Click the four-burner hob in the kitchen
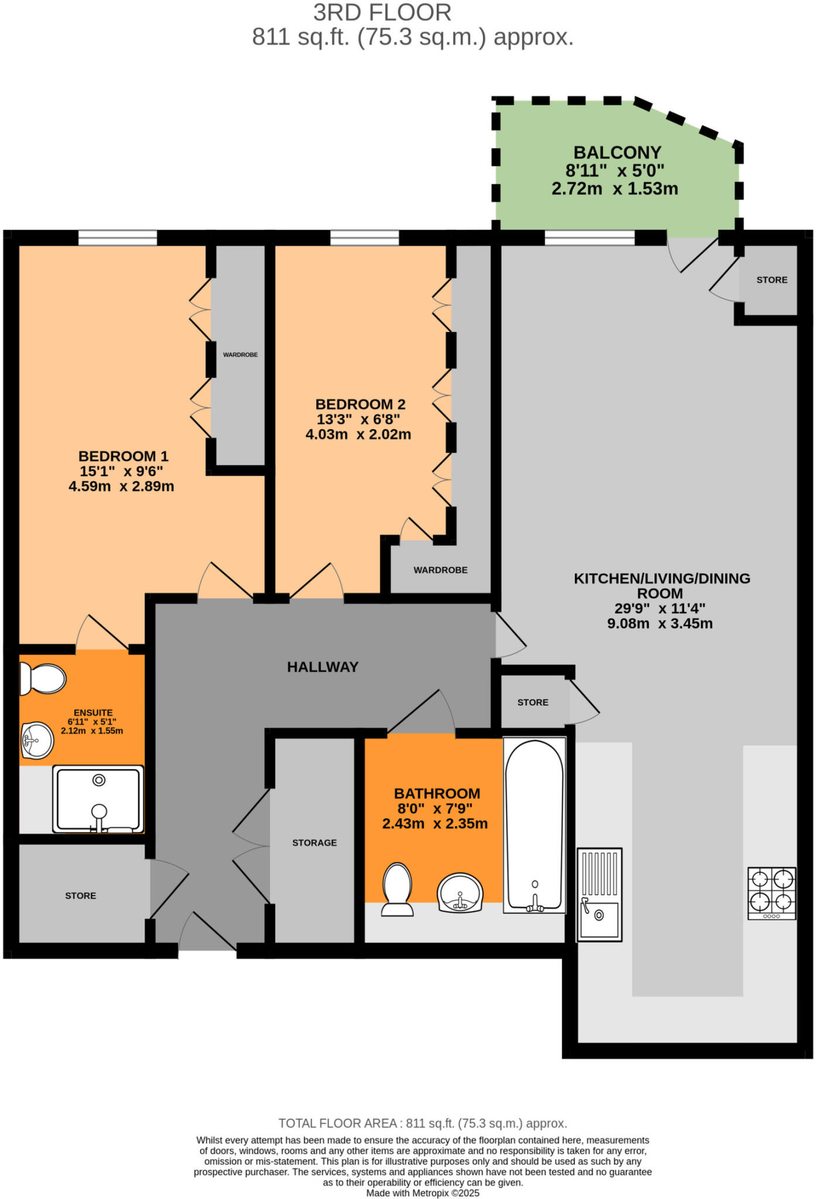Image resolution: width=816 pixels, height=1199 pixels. [772, 893]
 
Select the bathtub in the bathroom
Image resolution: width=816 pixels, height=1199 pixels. [534, 825]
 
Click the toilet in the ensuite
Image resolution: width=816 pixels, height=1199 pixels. [43, 679]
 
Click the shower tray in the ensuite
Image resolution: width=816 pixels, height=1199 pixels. [98, 799]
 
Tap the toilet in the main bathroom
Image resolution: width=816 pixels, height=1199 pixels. [397, 889]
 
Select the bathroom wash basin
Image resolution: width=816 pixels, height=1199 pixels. [460, 893]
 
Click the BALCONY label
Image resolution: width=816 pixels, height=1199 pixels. [617, 153]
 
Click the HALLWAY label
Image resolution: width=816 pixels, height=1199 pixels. [323, 667]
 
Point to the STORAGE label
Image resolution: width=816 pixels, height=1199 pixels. [314, 842]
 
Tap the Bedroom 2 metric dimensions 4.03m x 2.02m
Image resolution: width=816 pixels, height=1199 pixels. [358, 434]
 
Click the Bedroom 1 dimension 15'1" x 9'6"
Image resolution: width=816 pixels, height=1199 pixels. [121, 471]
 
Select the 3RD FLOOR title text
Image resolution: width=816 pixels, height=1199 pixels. [382, 13]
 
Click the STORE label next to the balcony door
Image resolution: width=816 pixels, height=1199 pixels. [772, 280]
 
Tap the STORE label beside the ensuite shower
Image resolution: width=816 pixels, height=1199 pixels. [81, 896]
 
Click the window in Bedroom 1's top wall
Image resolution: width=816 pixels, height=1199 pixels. [118, 237]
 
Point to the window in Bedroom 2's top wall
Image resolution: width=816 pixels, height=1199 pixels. [364, 237]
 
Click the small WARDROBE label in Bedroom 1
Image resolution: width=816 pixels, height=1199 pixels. [240, 355]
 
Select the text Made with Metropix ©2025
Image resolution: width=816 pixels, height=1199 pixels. [423, 1193]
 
